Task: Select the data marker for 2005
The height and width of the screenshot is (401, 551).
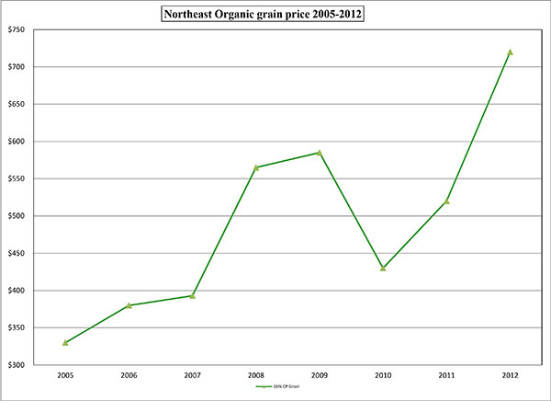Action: (x=64, y=343)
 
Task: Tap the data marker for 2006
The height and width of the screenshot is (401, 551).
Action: (x=129, y=305)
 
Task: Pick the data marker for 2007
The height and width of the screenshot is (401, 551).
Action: (x=192, y=295)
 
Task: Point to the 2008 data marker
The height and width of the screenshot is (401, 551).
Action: (x=256, y=167)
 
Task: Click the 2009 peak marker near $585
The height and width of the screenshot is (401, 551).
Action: (x=320, y=153)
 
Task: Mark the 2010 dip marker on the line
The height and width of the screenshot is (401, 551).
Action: (x=383, y=268)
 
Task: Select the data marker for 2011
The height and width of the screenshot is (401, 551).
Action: (x=447, y=200)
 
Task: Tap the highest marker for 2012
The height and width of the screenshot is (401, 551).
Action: (x=511, y=52)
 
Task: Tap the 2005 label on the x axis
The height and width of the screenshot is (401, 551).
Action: (x=64, y=375)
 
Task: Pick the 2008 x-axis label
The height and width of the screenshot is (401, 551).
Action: (x=256, y=375)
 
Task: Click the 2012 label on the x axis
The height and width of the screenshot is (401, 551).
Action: (x=511, y=375)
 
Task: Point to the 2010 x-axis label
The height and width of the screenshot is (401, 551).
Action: (x=383, y=375)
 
